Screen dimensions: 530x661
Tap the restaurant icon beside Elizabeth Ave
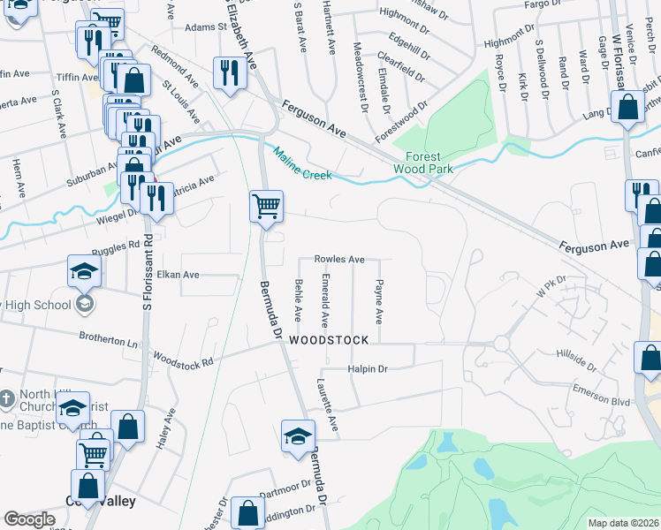tap(229, 73)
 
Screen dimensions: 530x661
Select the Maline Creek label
tap(302, 163)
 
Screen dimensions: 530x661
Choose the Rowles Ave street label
tap(340, 260)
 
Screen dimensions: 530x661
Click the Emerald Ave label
tap(325, 300)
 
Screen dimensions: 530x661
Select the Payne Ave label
tap(379, 302)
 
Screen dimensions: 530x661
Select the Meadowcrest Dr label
tap(360, 77)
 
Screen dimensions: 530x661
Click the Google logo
tap(29, 520)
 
